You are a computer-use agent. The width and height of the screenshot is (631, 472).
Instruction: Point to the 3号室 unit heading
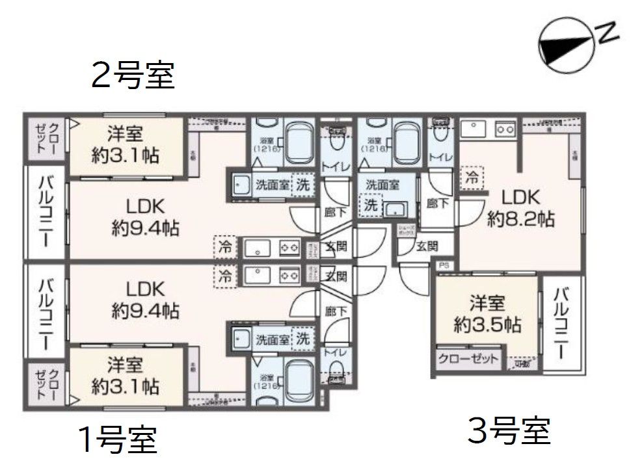tap(509, 430)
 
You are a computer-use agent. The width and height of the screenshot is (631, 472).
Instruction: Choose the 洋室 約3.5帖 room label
tap(487, 315)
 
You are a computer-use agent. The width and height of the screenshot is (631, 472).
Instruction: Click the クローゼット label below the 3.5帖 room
tap(468, 359)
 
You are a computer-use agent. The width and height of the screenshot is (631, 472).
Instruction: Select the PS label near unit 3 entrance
tap(444, 265)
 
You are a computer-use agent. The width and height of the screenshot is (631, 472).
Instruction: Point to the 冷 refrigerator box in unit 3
tap(472, 176)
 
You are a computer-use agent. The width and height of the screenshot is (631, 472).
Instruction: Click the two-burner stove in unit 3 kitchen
tap(505, 129)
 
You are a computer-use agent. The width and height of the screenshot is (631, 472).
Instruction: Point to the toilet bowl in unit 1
tap(336, 372)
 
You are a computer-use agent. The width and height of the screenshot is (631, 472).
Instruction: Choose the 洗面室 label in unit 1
tap(272, 339)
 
